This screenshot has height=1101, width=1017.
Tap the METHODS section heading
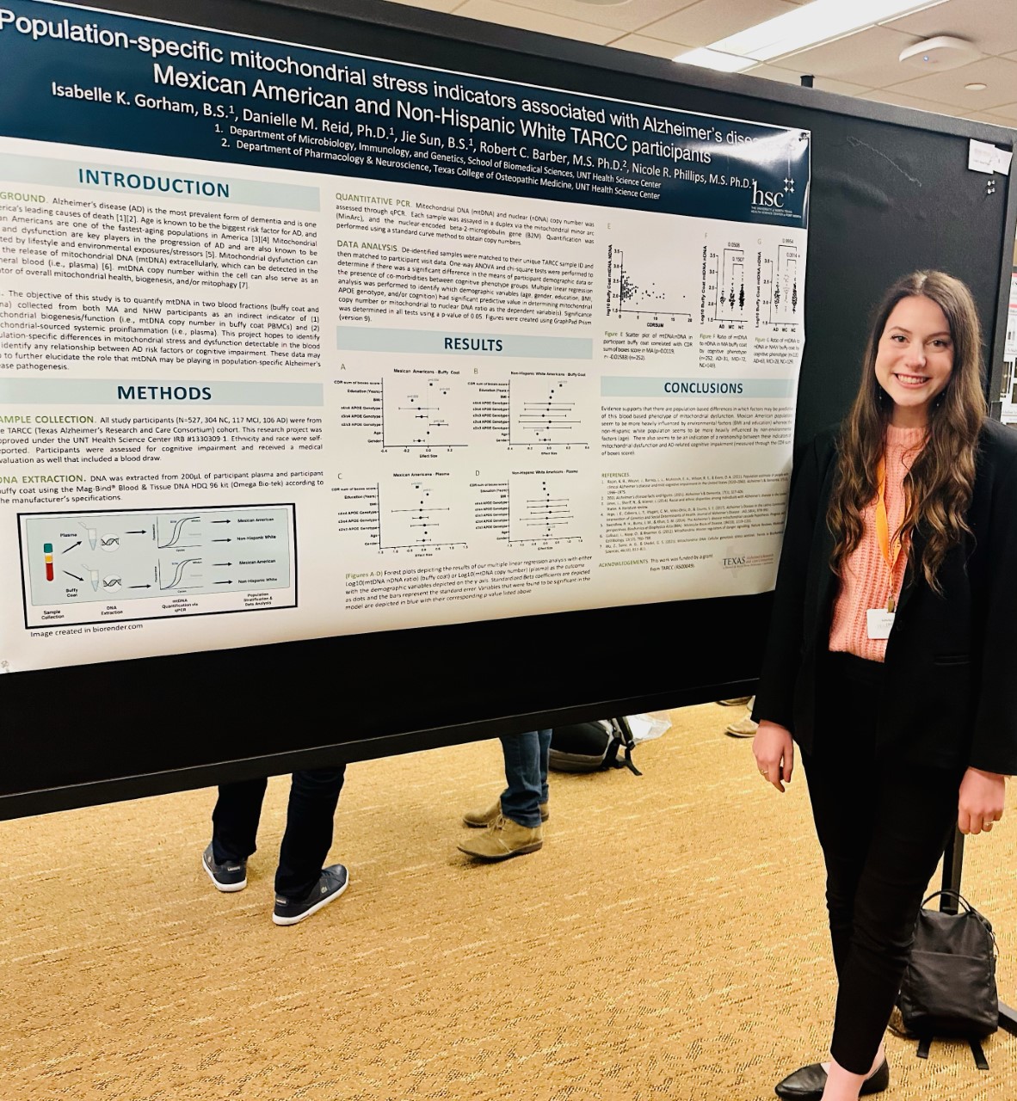(x=164, y=393)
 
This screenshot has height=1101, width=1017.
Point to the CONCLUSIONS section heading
(x=702, y=388)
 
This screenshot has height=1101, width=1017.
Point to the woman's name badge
(x=880, y=622)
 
